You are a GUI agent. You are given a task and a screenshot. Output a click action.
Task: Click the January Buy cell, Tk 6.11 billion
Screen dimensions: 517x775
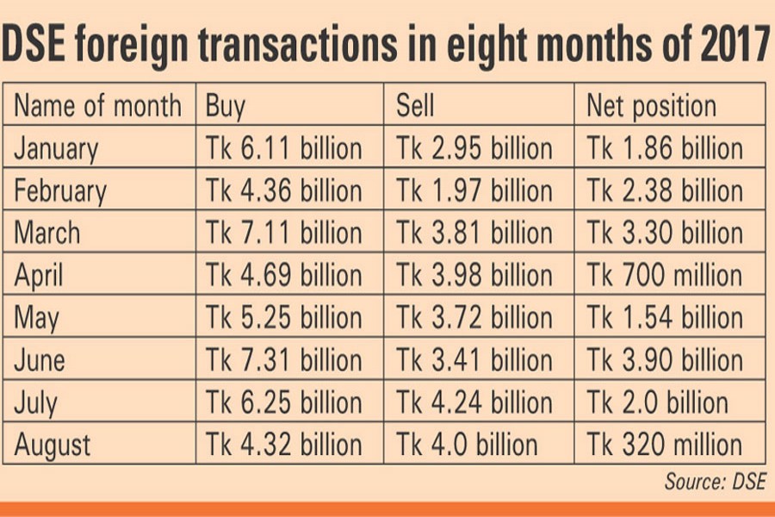[x=283, y=148]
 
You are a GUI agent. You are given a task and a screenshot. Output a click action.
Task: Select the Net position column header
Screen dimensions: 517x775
[x=651, y=106]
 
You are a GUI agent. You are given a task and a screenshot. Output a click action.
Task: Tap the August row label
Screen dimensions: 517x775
[x=53, y=445]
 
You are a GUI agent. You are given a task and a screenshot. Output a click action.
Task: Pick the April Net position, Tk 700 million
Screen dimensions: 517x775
[x=664, y=276]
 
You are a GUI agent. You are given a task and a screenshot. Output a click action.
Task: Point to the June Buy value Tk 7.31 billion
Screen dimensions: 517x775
[x=283, y=360]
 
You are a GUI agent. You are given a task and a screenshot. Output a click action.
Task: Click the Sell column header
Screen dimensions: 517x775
[x=415, y=106]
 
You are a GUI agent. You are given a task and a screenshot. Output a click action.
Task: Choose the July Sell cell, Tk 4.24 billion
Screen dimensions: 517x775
[x=474, y=402]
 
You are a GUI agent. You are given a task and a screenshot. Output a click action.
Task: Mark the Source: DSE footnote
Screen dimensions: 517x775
[x=715, y=482]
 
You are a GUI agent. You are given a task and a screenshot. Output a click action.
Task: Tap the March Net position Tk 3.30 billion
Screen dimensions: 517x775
[x=664, y=233]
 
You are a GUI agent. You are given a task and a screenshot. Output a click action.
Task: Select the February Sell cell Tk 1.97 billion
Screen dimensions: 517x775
[x=474, y=190]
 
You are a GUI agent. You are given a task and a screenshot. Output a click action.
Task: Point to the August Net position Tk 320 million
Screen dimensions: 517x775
[x=664, y=445]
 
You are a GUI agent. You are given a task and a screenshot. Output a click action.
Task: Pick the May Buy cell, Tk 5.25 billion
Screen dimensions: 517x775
[x=283, y=318]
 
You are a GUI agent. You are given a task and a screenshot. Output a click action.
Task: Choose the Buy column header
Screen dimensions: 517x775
[x=225, y=106]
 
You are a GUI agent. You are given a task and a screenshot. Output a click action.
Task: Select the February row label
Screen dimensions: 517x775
[x=59, y=191]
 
